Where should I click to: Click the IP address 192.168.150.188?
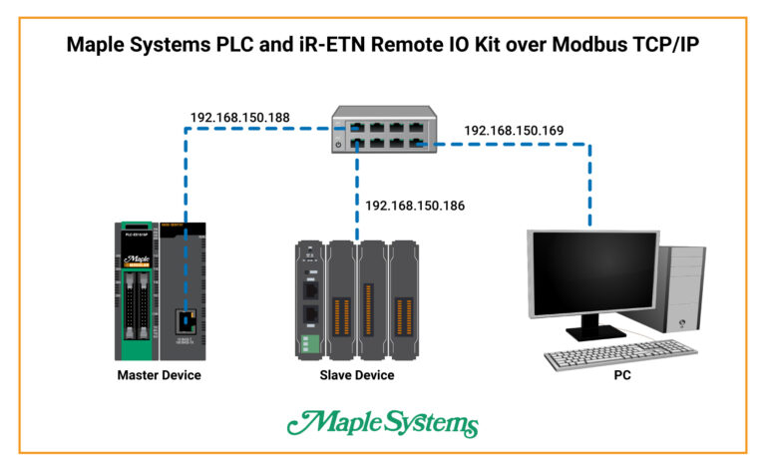coord(239,118)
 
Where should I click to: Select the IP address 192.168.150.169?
coord(514,131)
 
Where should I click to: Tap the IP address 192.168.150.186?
coord(415,206)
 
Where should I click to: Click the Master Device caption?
coord(159,375)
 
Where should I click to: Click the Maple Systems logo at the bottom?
coord(383,422)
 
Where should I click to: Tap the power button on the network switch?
coord(339,145)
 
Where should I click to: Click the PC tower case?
coord(683,289)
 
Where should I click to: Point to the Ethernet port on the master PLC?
coord(187,320)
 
